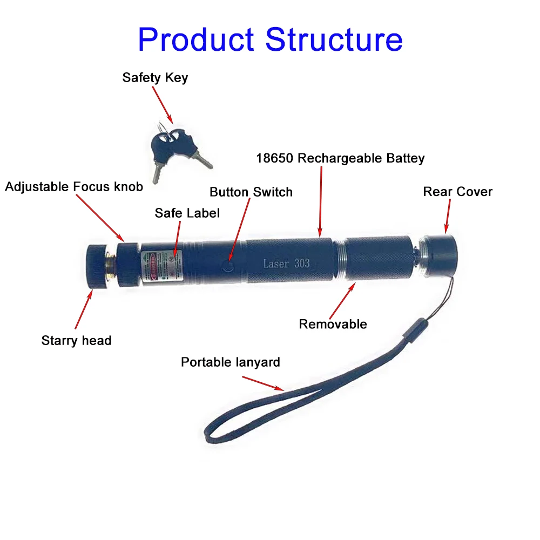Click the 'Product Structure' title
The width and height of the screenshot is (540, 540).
tap(270, 39)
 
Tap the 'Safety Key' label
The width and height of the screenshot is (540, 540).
tap(155, 77)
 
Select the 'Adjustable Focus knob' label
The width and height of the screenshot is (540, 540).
tap(74, 187)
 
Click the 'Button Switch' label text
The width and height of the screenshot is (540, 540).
tap(251, 192)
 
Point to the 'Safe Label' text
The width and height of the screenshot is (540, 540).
tap(187, 213)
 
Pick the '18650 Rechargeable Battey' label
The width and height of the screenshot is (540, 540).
tap(340, 158)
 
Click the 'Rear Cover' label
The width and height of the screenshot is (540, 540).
tap(458, 192)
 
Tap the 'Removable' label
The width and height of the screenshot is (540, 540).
tap(333, 324)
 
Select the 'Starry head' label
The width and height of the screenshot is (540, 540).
tap(76, 341)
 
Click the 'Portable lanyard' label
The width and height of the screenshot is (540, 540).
tap(231, 362)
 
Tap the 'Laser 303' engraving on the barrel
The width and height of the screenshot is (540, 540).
tap(286, 264)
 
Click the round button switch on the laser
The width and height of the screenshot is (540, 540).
tap(228, 266)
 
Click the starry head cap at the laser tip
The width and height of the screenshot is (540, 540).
tap(98, 266)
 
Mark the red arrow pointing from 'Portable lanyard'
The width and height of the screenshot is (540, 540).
tap(262, 383)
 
